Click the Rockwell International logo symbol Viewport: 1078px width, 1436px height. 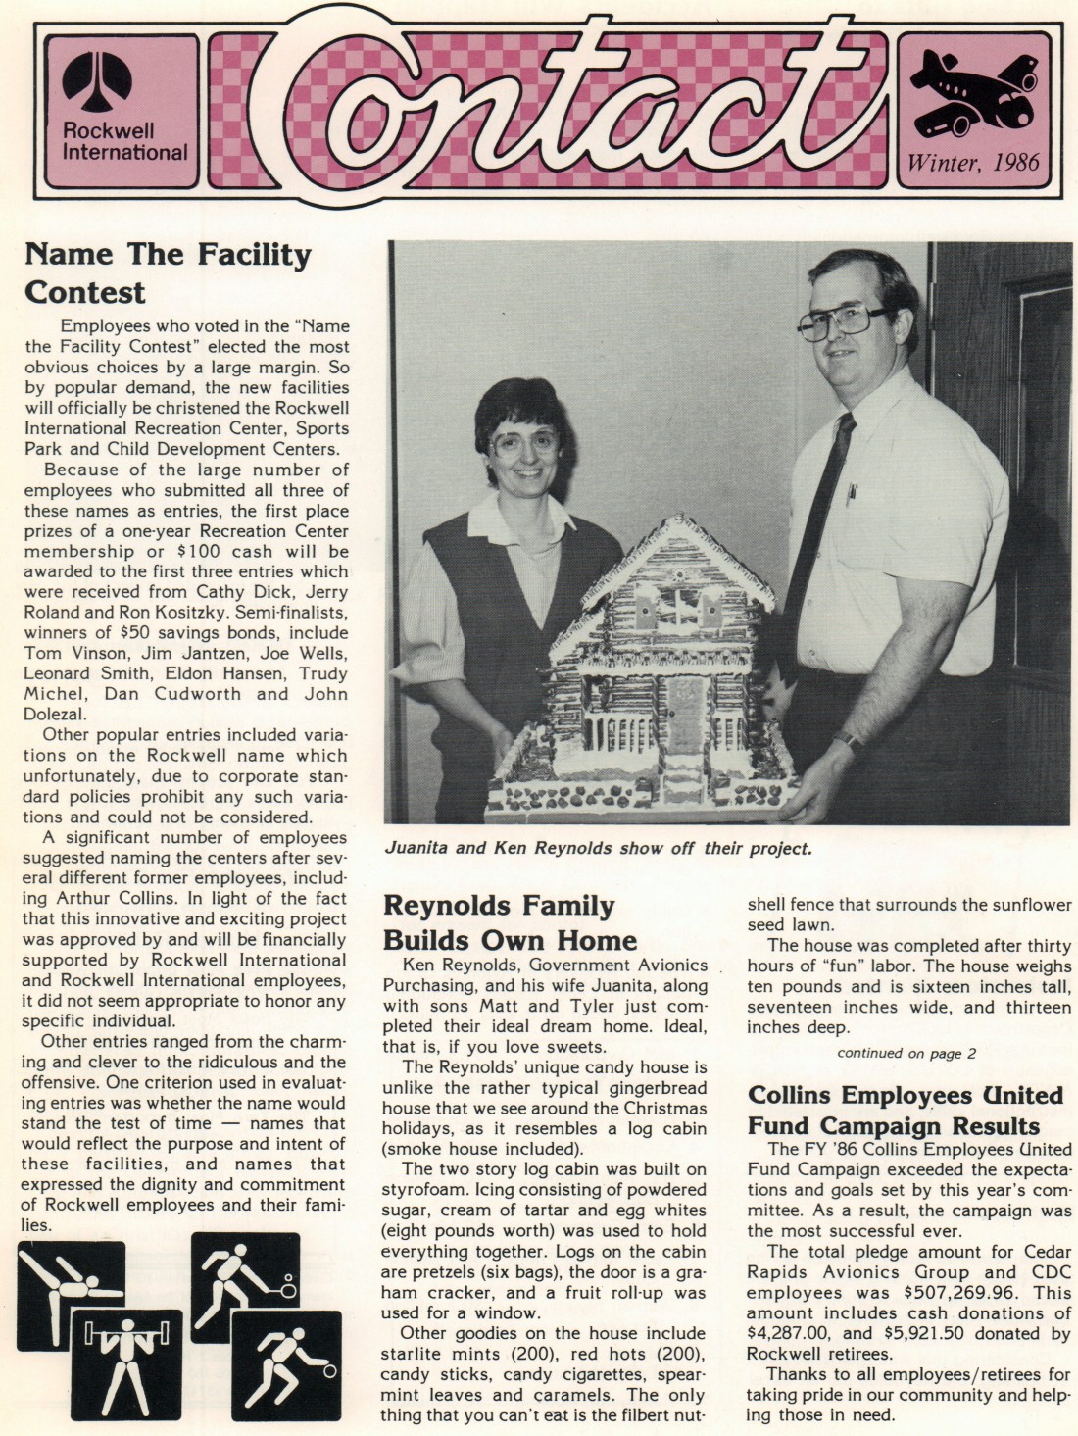97,82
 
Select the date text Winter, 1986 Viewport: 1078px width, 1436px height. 973,162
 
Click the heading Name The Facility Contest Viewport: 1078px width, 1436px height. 167,273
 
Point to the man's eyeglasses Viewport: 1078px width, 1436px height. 842,321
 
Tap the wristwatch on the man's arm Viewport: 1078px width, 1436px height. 850,741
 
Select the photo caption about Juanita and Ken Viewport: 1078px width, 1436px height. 598,848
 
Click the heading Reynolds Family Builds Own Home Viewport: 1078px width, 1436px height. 510,922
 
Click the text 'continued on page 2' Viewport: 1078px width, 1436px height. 906,1053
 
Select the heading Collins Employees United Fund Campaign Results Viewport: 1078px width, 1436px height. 905,1110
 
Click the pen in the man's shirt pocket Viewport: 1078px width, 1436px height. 850,492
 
